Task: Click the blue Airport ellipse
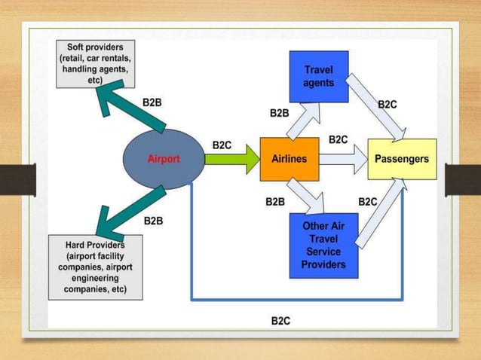click(164, 159)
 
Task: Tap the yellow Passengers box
click(402, 159)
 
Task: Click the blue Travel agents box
click(319, 76)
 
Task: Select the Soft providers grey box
click(96, 63)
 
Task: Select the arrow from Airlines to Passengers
click(342, 159)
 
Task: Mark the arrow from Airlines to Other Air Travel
click(309, 197)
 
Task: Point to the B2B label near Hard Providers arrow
click(153, 221)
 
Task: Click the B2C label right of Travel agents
click(388, 105)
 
